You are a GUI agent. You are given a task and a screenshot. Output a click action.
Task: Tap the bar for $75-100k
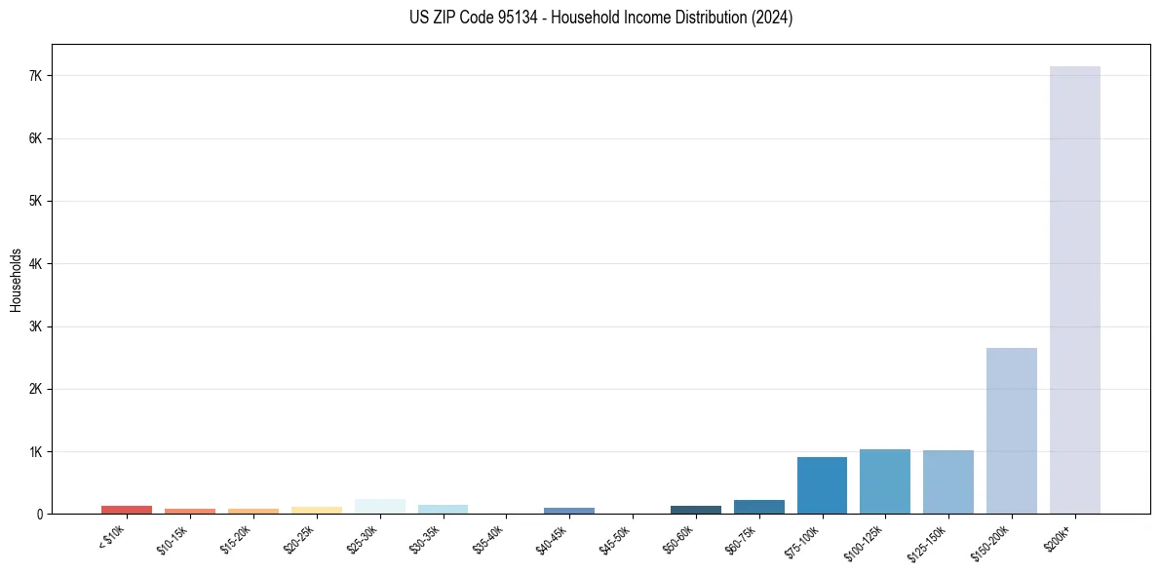822,485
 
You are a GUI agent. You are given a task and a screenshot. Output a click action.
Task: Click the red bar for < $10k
127,510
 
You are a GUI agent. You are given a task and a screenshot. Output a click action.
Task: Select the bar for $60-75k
758,507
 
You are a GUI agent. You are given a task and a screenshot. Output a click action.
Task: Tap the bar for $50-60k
695,510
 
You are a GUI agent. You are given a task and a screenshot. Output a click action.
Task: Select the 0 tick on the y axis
39,514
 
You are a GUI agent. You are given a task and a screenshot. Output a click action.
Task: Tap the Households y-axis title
16,280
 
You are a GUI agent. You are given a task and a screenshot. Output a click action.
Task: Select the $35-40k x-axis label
489,539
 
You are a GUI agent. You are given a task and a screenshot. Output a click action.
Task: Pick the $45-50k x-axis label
616,539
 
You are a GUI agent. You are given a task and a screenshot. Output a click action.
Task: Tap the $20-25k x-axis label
300,539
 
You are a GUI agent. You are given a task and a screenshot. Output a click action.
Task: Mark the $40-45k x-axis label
553,539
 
